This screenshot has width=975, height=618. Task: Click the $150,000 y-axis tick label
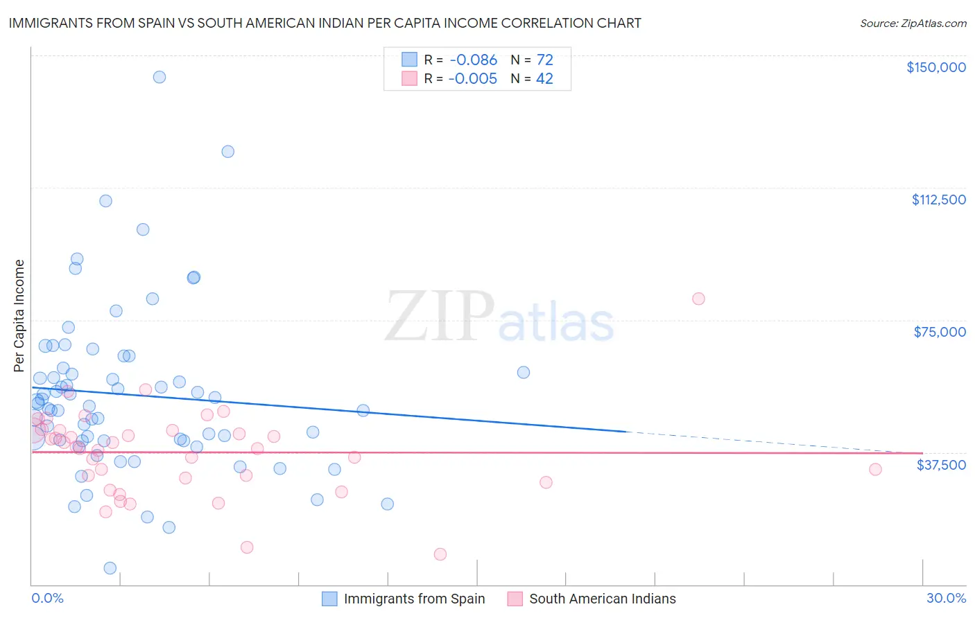(935, 67)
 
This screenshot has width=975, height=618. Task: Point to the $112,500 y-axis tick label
(938, 200)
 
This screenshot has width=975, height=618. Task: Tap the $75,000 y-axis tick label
(940, 332)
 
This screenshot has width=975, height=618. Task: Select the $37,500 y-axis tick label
(941, 465)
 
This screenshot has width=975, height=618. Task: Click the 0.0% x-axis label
(47, 598)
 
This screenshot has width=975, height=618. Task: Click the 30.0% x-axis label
(946, 598)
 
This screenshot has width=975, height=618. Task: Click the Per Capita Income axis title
(19, 315)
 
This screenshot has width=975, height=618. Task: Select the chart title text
(325, 23)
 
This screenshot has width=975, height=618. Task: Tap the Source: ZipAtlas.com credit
(913, 24)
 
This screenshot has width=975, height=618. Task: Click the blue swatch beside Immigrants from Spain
(329, 599)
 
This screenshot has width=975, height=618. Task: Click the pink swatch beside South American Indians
(515, 599)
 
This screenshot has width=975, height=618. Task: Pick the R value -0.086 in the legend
(472, 60)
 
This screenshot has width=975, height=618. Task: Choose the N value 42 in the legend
(544, 79)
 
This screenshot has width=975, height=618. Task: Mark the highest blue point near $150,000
(159, 77)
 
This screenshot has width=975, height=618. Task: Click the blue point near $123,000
(227, 152)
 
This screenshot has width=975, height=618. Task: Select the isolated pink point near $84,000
(698, 299)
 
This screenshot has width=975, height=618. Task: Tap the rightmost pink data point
(875, 470)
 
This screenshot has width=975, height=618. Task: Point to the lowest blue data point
(110, 568)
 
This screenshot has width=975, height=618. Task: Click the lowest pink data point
(440, 554)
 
